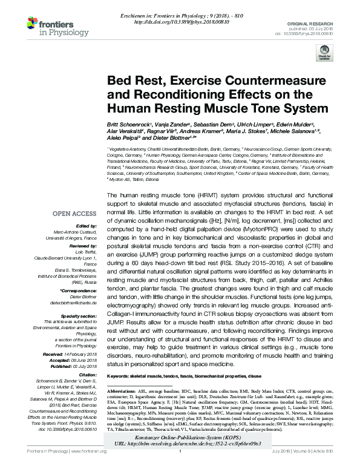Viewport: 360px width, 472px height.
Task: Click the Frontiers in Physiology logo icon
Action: pos(31,25)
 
